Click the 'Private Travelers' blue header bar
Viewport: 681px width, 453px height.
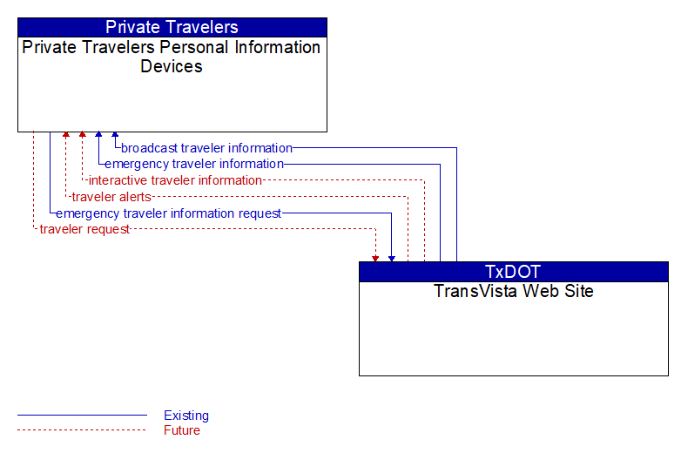pyautogui.click(x=172, y=27)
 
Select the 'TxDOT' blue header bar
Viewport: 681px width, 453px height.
pyautogui.click(x=513, y=272)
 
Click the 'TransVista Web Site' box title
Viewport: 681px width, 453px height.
pyautogui.click(x=513, y=291)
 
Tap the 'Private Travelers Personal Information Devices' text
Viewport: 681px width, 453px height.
pyautogui.click(x=172, y=57)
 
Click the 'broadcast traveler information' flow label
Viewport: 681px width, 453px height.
pyautogui.click(x=206, y=148)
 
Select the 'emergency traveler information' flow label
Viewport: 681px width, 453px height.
pyautogui.click(x=194, y=164)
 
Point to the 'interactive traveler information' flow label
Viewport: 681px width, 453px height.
pyautogui.click(x=175, y=180)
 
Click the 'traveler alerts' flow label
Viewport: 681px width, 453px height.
pyautogui.click(x=111, y=197)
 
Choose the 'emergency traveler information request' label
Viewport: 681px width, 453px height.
pyautogui.click(x=169, y=213)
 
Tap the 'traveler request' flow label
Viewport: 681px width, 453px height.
pyautogui.click(x=84, y=229)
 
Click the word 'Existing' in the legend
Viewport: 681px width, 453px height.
pyautogui.click(x=186, y=416)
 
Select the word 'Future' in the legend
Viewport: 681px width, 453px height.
pyautogui.click(x=182, y=430)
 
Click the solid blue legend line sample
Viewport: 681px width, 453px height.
pyautogui.click(x=82, y=416)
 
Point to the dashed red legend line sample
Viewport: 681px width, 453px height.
pyautogui.click(x=82, y=430)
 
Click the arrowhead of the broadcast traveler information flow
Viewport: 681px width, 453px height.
pyautogui.click(x=115, y=135)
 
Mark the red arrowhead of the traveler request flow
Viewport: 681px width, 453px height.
pyautogui.click(x=375, y=259)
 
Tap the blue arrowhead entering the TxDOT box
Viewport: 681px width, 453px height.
pyautogui.click(x=392, y=259)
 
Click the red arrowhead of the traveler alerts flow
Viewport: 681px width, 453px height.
pyautogui.click(x=66, y=135)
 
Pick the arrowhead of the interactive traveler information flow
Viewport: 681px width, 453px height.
pyautogui.click(x=83, y=135)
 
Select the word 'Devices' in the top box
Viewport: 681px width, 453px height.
pyautogui.click(x=172, y=66)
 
